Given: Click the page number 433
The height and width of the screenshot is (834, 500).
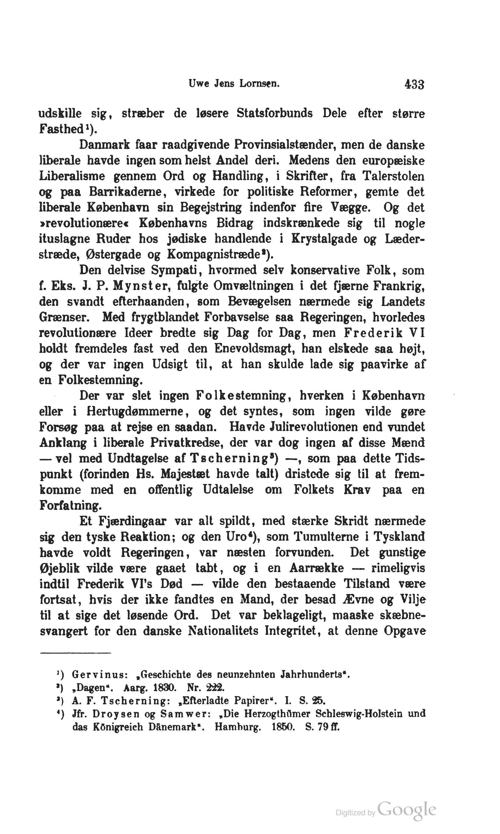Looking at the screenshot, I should tap(414, 84).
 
